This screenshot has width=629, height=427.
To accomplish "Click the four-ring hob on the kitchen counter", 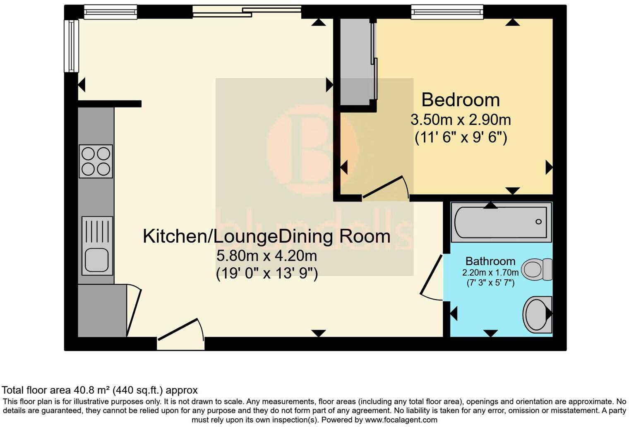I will click(x=96, y=161).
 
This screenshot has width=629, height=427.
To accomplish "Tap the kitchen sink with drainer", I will click(x=97, y=246).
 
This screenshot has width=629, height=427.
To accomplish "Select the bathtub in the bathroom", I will click(x=501, y=222).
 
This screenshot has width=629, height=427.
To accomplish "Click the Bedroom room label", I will click(x=460, y=100).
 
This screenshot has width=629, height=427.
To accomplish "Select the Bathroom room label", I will click(x=490, y=261).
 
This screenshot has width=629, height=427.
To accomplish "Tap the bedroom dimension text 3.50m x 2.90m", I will click(x=460, y=120).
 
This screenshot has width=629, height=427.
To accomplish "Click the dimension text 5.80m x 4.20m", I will click(x=266, y=256).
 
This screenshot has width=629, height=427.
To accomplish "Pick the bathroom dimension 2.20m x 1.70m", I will click(x=490, y=273).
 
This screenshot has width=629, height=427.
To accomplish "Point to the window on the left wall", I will click(x=71, y=46).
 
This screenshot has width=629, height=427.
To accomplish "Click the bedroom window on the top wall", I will click(x=447, y=12).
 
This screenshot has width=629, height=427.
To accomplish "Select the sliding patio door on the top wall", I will click(x=247, y=12).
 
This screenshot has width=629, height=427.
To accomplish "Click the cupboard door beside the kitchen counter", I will click(x=134, y=310).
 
